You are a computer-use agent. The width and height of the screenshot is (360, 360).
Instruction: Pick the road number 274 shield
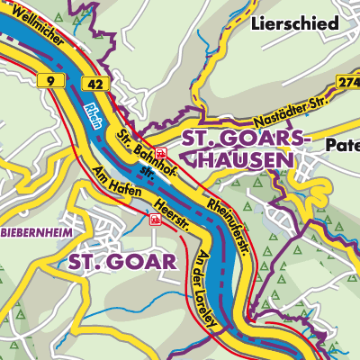pos(349,82)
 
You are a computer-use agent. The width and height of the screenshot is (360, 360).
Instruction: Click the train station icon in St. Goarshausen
pos(160,153)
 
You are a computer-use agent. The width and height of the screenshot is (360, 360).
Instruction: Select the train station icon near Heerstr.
pos(155,218)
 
